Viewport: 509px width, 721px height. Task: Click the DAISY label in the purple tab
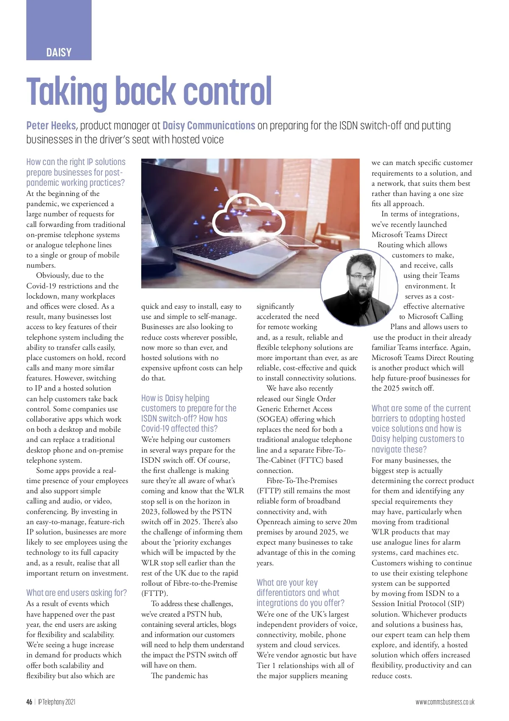[x=59, y=53]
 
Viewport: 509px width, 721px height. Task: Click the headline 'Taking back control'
[x=149, y=91]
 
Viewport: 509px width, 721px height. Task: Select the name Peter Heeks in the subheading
[x=51, y=126]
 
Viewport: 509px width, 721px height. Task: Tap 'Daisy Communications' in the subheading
[x=209, y=126]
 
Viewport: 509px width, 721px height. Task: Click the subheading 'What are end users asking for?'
[x=76, y=592]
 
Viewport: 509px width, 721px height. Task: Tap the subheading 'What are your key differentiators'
[x=300, y=592]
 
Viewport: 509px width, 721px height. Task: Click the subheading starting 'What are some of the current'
[x=421, y=428]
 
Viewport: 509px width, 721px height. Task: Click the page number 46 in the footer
[x=29, y=702]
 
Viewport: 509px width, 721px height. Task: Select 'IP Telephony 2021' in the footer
[x=56, y=702]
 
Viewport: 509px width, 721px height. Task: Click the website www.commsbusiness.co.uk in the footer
[x=445, y=702]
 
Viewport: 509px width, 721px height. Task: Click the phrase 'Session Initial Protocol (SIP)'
[x=418, y=604]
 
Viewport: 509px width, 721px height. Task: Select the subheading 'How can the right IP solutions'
[x=76, y=172]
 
